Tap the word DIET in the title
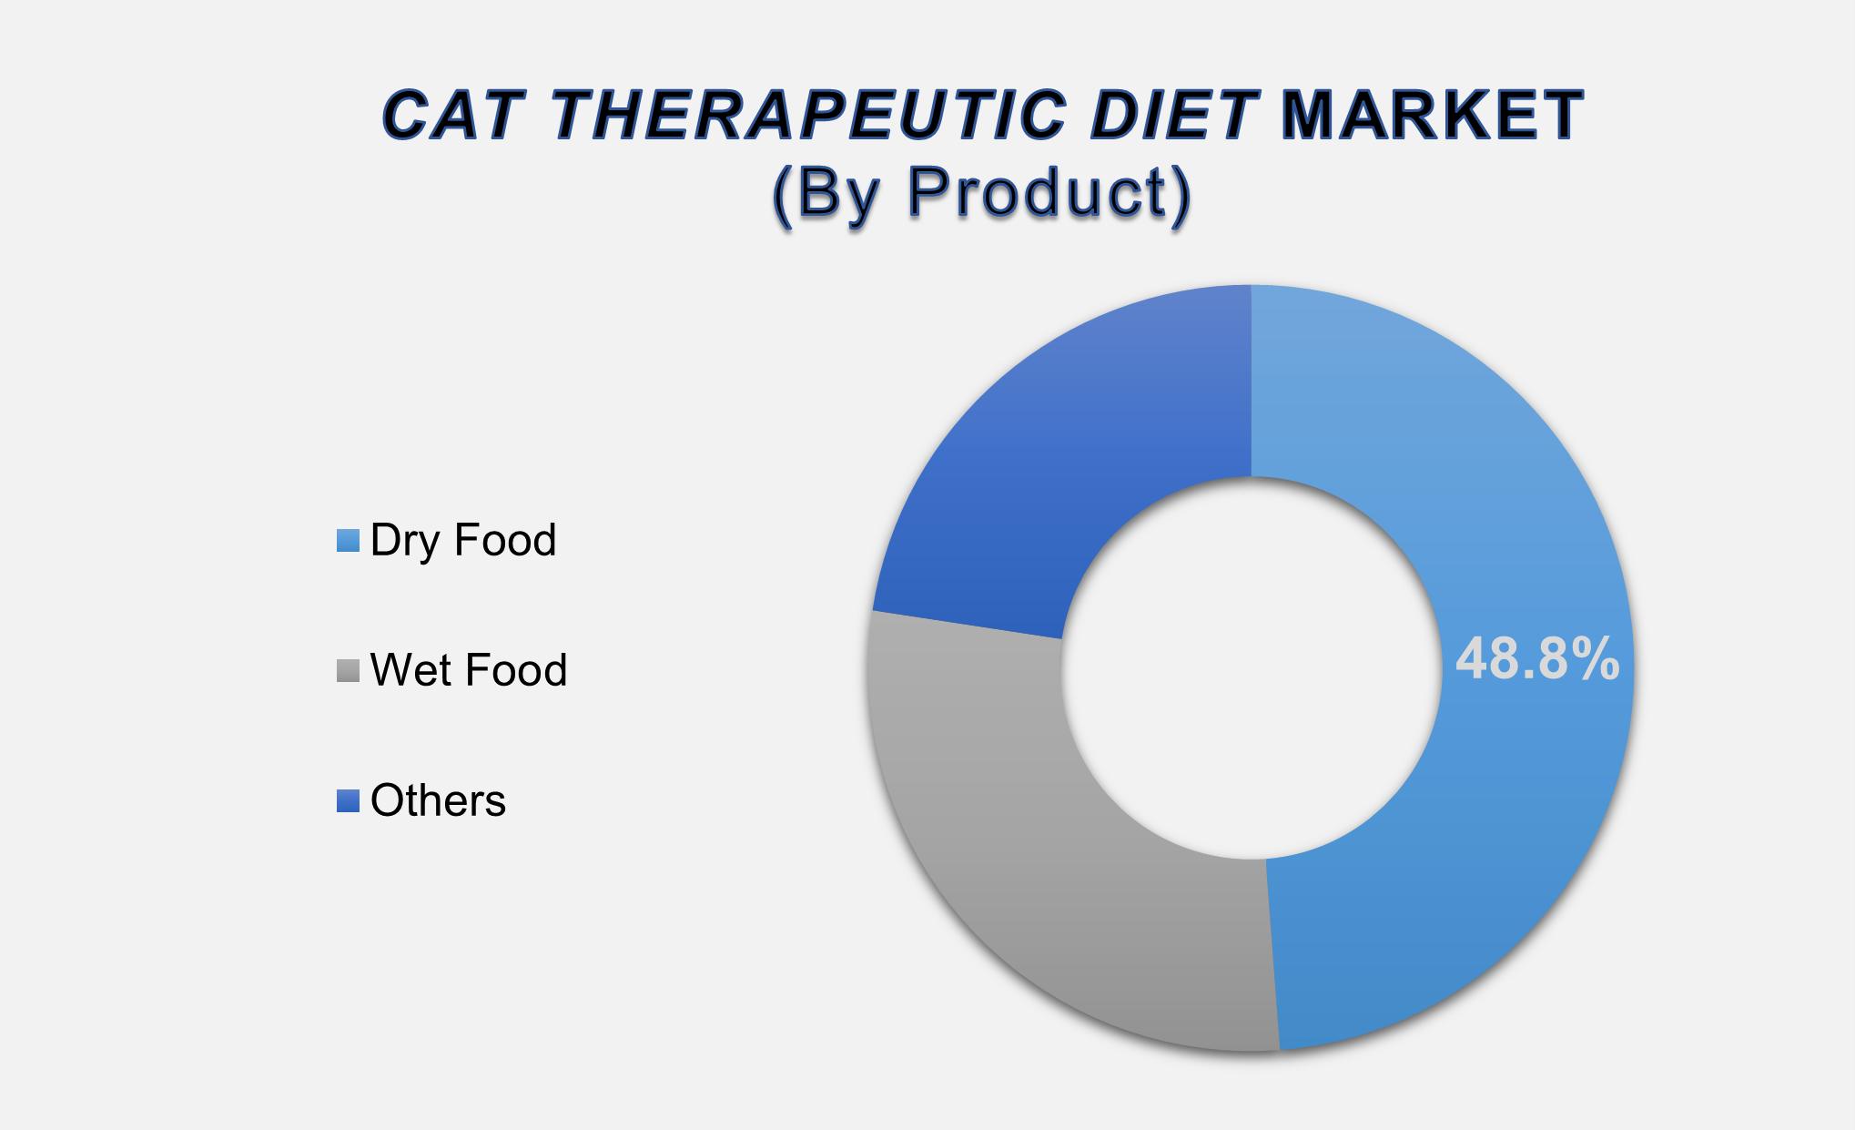point(1175,116)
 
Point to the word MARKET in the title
point(1432,116)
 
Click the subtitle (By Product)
point(981,192)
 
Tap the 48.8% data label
point(1537,659)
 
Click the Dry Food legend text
point(463,540)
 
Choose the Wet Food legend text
point(469,670)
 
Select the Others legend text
point(438,800)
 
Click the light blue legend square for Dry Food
point(348,541)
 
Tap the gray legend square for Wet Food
point(348,671)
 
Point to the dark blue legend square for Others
point(348,801)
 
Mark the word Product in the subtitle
point(1037,192)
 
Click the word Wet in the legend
point(406,670)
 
